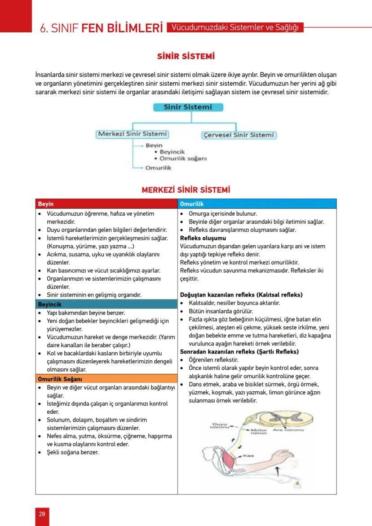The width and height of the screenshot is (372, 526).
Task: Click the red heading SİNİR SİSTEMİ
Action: (x=186, y=57)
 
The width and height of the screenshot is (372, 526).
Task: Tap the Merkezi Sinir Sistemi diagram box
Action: (x=133, y=134)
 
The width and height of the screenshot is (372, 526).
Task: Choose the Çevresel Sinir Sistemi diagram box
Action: (x=238, y=135)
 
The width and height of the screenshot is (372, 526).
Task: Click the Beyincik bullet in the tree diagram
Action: (x=172, y=152)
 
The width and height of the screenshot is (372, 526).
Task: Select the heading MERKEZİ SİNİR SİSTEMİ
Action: (x=186, y=190)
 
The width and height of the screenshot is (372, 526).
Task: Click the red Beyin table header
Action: (x=107, y=204)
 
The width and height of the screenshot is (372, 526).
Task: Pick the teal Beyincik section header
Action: (x=107, y=304)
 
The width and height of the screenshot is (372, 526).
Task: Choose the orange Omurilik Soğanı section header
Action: (x=107, y=379)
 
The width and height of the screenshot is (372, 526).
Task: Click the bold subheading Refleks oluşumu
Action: (x=203, y=238)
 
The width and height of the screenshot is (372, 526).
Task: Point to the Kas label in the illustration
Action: (x=249, y=455)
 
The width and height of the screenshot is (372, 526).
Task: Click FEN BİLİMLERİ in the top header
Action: (x=122, y=28)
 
